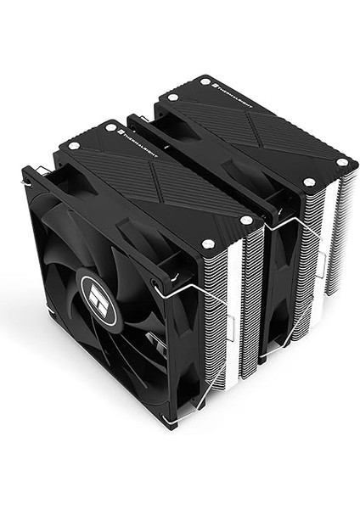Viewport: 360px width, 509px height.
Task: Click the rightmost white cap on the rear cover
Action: coord(342,161)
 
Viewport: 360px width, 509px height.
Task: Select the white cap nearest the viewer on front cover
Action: coord(209,245)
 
